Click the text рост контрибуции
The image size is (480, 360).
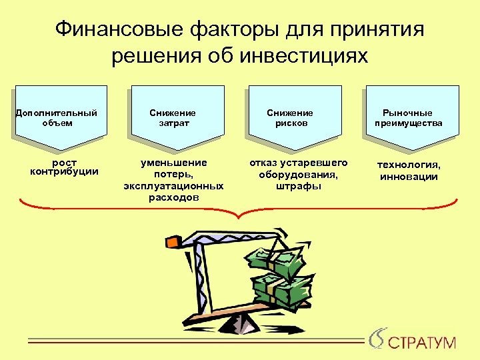pyautogui.click(x=64, y=167)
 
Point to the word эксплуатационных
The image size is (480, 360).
pyautogui.click(x=173, y=186)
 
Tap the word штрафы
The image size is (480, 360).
pyautogui.click(x=298, y=186)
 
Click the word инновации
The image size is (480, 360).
pyautogui.click(x=409, y=177)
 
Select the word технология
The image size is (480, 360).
pyautogui.click(x=409, y=165)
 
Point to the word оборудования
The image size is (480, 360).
pyautogui.click(x=298, y=175)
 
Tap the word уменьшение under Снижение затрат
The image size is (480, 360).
pyautogui.click(x=173, y=163)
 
